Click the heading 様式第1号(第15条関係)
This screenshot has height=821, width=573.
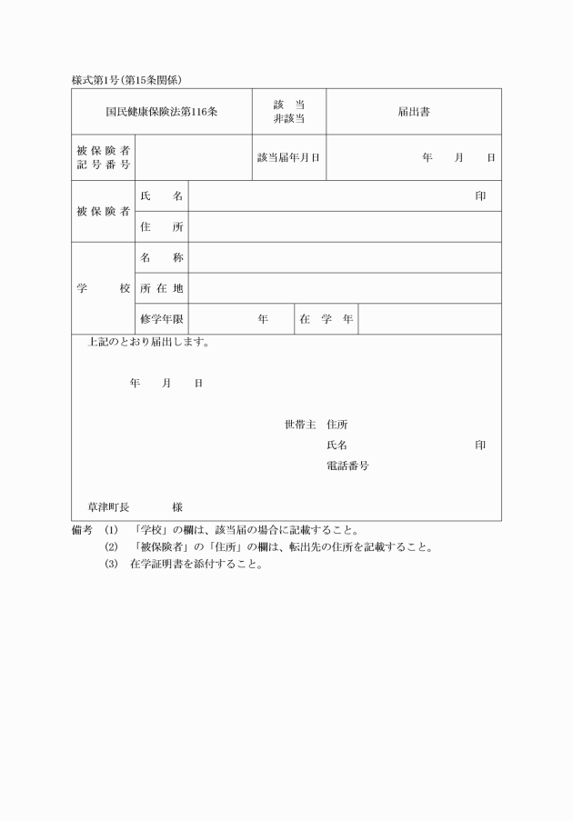coord(134,80)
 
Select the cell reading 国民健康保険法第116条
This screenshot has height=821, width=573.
coord(161,112)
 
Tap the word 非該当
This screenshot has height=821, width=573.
coord(288,119)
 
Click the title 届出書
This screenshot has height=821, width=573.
coord(414,112)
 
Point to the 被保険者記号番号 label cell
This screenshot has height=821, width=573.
coord(102,157)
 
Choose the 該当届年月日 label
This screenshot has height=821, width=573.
coord(288,157)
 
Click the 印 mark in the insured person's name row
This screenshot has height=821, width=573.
coord(480,196)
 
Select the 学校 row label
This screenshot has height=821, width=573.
coord(102,288)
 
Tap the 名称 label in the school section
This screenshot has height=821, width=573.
coord(161,258)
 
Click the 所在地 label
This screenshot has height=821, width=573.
coord(161,288)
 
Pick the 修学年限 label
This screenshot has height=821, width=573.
coord(161,319)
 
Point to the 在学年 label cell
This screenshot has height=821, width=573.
coord(326,319)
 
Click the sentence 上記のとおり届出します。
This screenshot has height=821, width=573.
coord(149,344)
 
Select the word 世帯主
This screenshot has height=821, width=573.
coord(299,424)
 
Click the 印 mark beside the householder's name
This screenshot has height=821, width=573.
coord(480,445)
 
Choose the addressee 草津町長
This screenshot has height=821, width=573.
coord(108,506)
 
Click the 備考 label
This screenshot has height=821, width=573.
coord(82,530)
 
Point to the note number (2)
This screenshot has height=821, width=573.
coord(112,547)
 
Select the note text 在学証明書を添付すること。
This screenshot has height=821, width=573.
coord(196,564)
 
